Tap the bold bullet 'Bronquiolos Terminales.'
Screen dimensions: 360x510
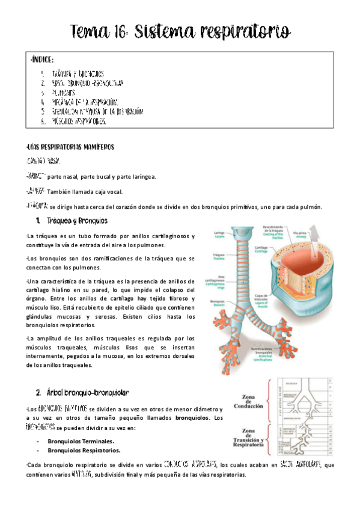tap(81, 441)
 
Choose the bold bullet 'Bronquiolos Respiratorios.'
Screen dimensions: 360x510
tap(84, 450)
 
